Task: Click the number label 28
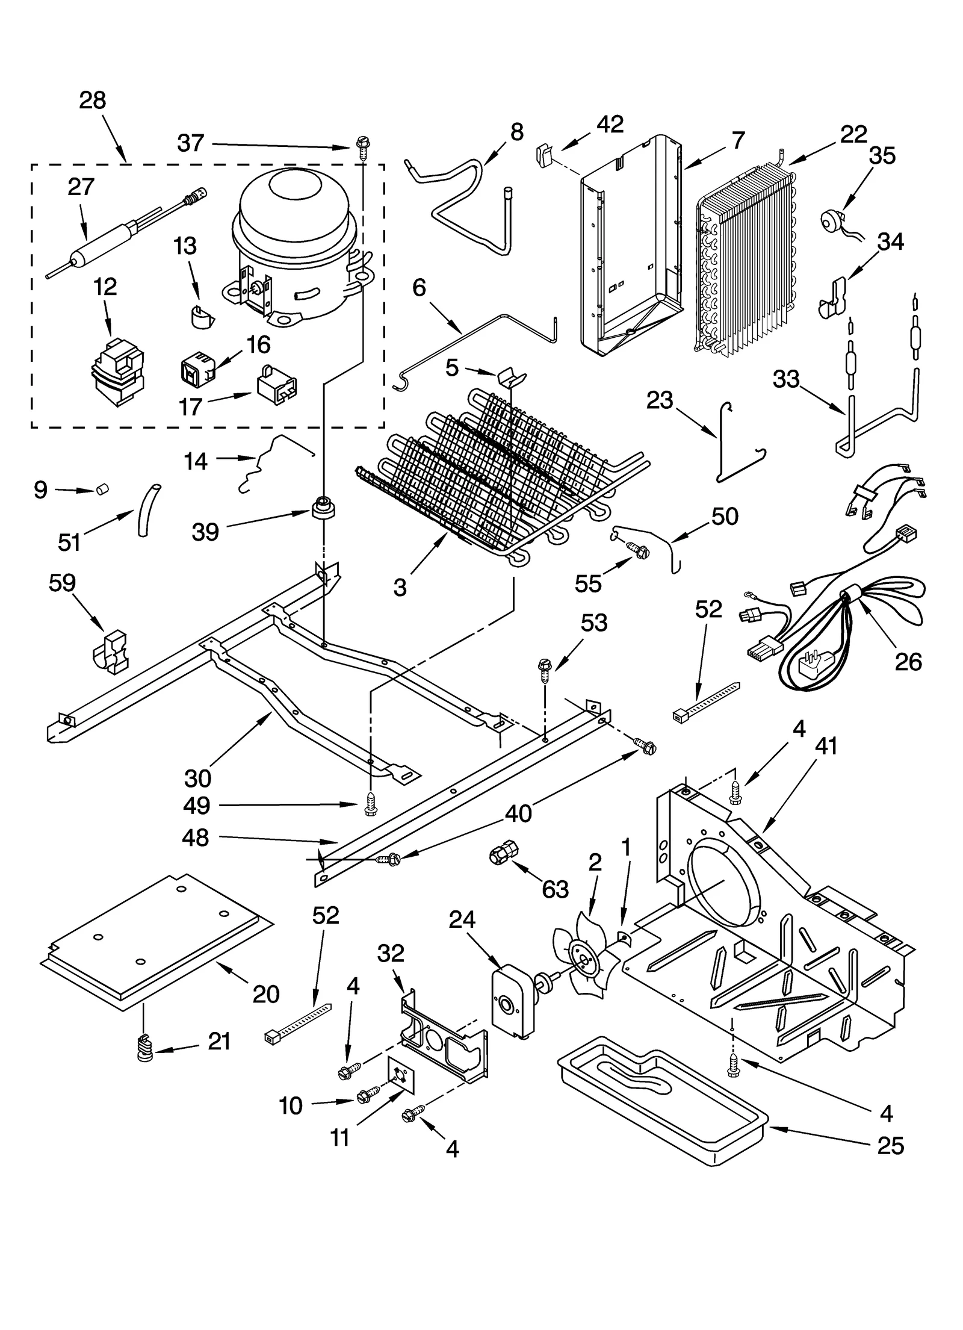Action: pos(92,101)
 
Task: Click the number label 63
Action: pos(555,889)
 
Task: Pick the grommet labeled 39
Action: pos(323,507)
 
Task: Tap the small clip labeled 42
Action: pos(543,156)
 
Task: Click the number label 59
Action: pos(63,583)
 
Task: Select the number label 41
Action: pos(826,747)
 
